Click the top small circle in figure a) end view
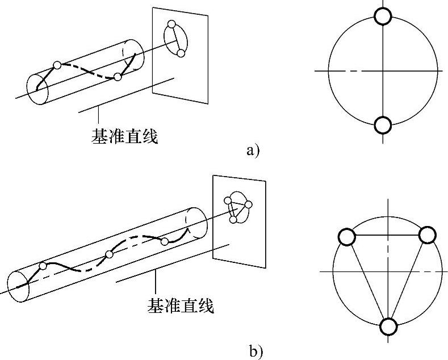[x=383, y=16]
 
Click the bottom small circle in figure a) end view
[x=383, y=124]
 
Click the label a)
[x=253, y=150]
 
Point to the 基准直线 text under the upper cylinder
[x=124, y=136]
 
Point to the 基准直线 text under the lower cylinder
[x=181, y=307]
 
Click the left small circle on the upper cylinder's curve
[x=57, y=65]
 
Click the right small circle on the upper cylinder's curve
[x=117, y=77]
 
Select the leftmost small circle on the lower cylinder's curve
[x=43, y=265]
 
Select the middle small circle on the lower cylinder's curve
[x=109, y=254]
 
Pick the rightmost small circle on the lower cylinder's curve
[x=165, y=242]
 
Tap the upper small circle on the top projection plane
[x=170, y=25]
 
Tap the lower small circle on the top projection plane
[x=181, y=53]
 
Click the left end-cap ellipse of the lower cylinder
[x=19, y=285]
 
